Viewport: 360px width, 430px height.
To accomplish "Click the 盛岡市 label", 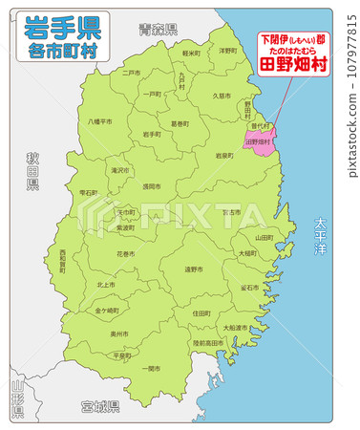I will (152, 186).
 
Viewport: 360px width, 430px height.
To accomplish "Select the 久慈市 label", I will (222, 96).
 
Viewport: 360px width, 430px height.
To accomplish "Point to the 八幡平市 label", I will (100, 121).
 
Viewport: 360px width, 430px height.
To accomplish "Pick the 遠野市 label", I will (194, 269).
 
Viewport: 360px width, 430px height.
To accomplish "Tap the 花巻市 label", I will (126, 254).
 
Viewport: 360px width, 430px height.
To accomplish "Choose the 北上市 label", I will (106, 285).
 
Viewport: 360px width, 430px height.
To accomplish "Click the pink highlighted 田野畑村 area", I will (259, 140).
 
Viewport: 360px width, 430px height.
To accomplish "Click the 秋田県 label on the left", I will (32, 169).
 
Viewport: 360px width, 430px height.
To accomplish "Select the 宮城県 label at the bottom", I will (100, 406).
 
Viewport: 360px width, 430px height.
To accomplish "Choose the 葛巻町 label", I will (180, 123).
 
